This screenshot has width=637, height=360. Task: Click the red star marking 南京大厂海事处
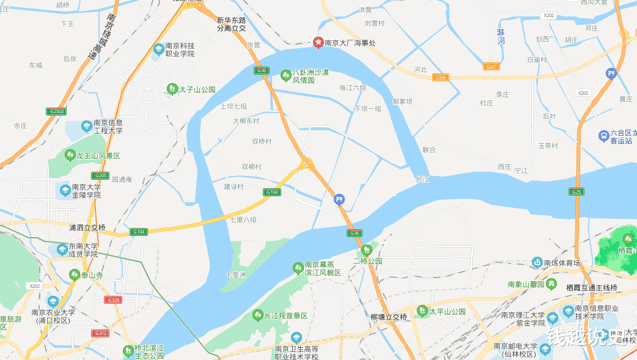[318, 42]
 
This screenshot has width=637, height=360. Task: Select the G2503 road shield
[55, 111]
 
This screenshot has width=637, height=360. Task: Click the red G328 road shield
[113, 299]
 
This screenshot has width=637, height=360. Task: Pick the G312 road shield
[100, 333]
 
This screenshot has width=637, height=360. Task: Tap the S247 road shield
[490, 65]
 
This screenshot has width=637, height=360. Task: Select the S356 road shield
[440, 78]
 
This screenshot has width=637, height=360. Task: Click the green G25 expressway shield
[576, 191]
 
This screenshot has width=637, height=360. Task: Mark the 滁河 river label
[501, 36]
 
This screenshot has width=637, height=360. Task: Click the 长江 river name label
[422, 179]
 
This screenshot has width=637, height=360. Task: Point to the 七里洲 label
[235, 275]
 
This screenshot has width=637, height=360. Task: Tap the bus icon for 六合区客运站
[603, 135]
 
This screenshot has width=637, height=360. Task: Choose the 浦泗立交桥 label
[87, 227]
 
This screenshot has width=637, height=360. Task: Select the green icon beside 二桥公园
[366, 250]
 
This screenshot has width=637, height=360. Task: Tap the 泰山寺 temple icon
[75, 275]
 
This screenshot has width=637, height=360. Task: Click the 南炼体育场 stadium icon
[537, 263]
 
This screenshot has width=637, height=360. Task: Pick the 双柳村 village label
[251, 167]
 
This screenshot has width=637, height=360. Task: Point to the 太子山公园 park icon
[172, 89]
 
